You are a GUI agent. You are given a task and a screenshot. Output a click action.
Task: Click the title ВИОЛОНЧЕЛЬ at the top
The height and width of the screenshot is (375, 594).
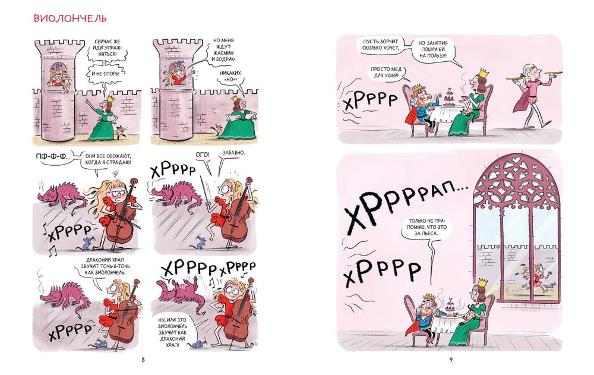70,18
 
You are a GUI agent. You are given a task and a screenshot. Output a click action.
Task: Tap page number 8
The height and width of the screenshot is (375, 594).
143,360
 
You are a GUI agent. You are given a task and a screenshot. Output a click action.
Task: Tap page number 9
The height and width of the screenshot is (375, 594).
451,360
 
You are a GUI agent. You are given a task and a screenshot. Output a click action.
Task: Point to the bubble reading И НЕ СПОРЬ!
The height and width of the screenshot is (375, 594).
106,74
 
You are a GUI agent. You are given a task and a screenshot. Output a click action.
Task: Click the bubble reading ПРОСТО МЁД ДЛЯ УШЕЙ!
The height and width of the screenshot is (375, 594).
386,72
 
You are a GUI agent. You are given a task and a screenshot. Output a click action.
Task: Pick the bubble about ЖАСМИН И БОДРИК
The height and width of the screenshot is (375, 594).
223,50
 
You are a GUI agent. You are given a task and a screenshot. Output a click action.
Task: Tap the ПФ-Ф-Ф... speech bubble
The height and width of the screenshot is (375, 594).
53,157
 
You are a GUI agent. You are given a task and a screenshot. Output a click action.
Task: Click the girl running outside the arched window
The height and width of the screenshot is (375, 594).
533,279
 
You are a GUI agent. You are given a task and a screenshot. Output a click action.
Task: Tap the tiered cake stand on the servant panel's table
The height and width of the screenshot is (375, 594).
449,97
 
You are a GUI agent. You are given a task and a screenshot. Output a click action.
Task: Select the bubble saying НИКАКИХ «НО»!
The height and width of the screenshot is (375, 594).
230,76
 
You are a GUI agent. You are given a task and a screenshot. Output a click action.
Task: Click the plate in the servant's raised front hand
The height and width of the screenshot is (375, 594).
552,73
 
